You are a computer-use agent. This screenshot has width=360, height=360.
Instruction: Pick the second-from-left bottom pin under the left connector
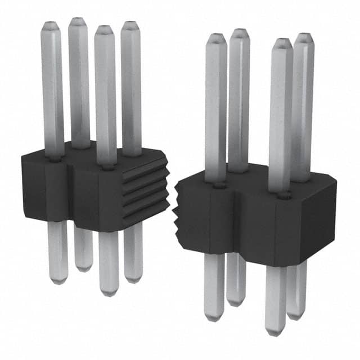(x=83, y=247)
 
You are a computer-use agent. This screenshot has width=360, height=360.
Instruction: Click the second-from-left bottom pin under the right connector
(x=236, y=278)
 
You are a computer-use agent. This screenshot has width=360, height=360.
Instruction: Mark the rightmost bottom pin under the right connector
(x=297, y=290)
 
